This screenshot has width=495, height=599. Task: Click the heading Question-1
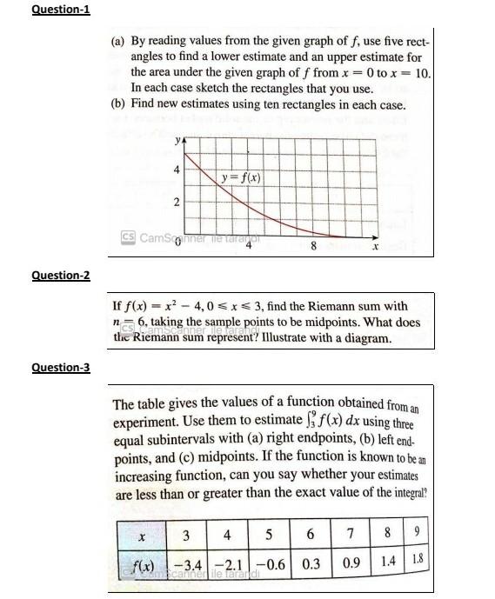[60, 10]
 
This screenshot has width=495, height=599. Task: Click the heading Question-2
[60, 276]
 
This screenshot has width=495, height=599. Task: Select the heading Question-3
[60, 367]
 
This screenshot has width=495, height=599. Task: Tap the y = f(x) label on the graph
[240, 178]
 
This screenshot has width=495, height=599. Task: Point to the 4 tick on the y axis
[178, 170]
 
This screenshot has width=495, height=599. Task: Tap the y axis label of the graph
[177, 139]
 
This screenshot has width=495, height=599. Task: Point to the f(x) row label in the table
[140, 562]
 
